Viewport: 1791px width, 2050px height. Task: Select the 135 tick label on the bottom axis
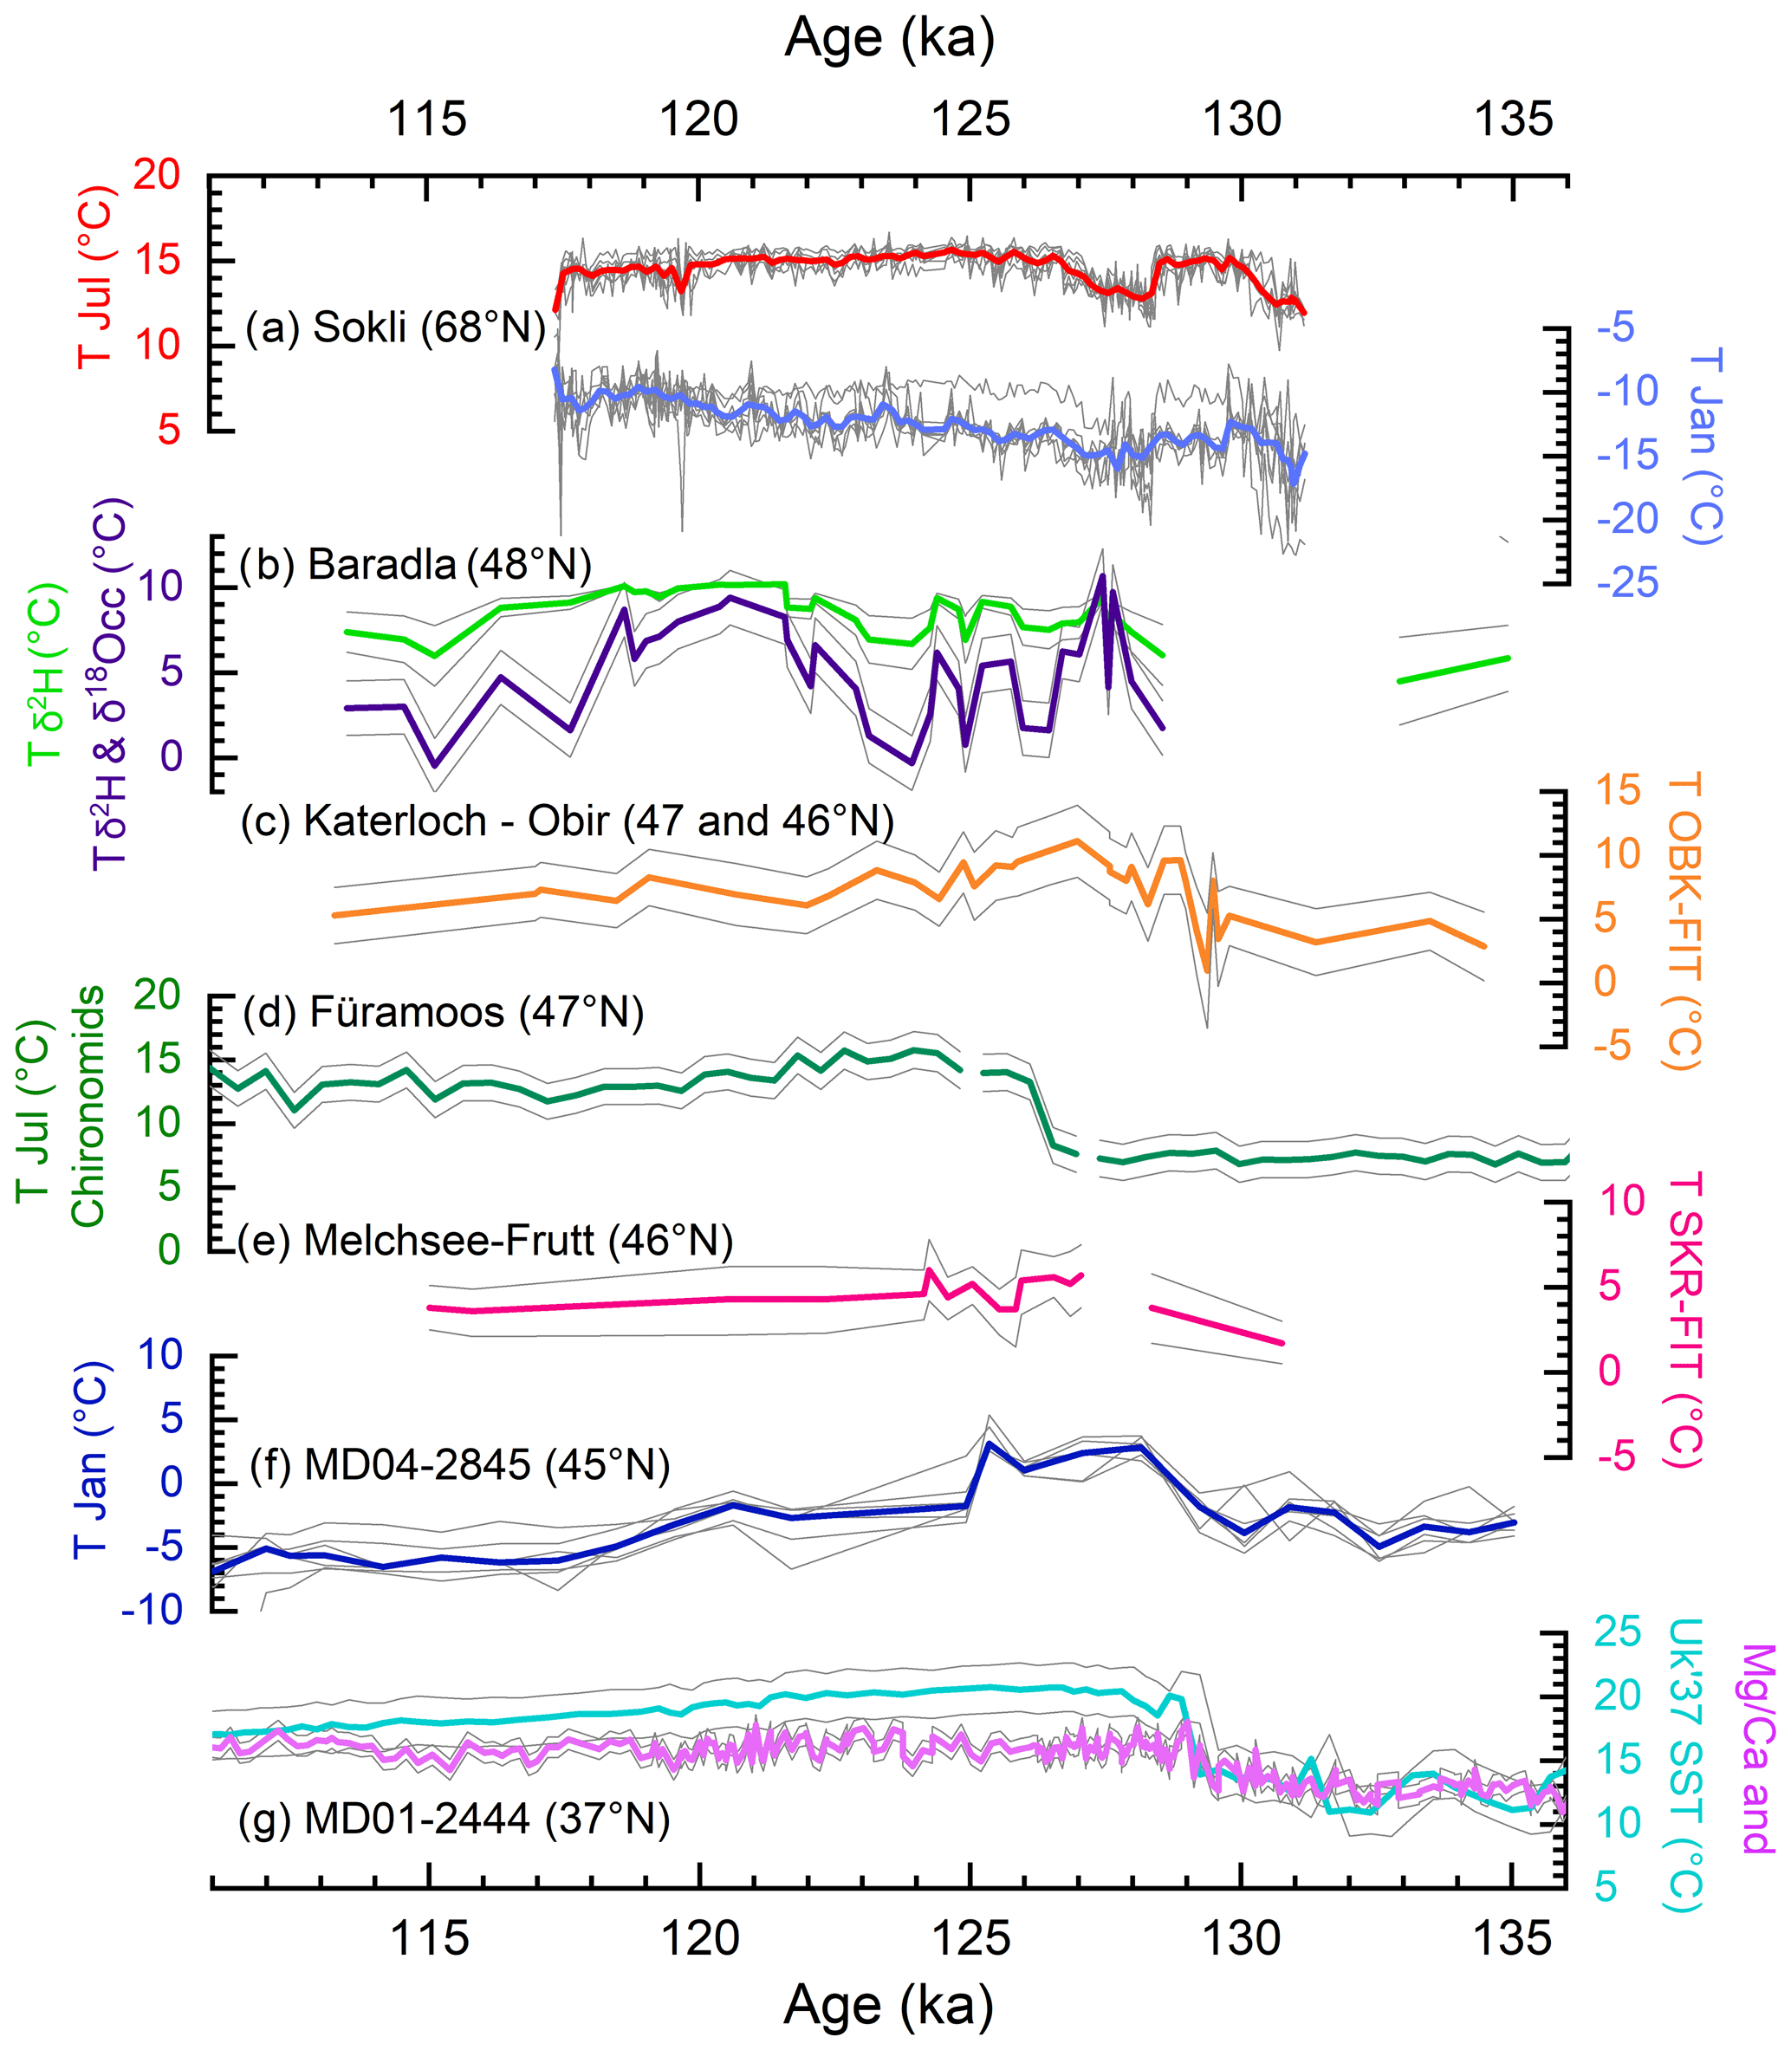pos(1513,1939)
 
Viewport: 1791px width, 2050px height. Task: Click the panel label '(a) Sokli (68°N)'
pos(396,328)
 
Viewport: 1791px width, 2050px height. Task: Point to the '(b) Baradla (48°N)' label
pos(416,565)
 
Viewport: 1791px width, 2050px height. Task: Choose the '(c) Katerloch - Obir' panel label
pos(567,821)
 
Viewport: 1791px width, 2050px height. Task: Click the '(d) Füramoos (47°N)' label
pos(443,1013)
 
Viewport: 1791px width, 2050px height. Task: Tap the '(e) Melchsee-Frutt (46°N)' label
pos(486,1241)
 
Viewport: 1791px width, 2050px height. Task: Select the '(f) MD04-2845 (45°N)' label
pos(460,1465)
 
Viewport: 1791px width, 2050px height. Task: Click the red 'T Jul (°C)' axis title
pos(96,275)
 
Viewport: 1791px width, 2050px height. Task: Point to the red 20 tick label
pos(157,175)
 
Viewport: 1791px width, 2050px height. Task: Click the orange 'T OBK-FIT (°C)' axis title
pos(1685,920)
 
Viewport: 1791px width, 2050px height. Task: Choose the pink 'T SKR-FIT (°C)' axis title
pos(1685,1320)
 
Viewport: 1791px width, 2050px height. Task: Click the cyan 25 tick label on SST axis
pos(1617,1632)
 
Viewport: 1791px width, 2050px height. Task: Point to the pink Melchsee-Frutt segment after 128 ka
pos(1217,1326)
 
